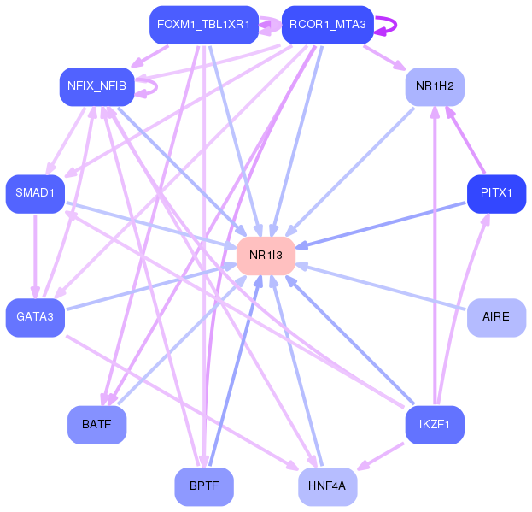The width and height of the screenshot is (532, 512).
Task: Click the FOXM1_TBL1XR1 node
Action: click(x=203, y=24)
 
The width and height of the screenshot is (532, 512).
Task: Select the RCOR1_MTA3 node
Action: click(x=327, y=24)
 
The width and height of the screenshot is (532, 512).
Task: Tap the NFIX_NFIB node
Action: click(x=96, y=85)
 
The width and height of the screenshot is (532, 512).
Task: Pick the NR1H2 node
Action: click(x=435, y=85)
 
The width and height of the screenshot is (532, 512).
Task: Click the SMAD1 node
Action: click(x=35, y=193)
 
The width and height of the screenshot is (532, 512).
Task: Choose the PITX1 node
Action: click(x=496, y=193)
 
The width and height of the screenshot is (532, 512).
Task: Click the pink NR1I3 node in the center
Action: click(x=266, y=255)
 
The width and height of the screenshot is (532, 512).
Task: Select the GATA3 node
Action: click(x=35, y=317)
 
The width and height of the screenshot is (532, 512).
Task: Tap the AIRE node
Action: click(x=496, y=317)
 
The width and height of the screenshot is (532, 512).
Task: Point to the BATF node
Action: click(x=96, y=424)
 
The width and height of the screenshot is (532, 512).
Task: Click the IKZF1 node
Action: click(x=435, y=424)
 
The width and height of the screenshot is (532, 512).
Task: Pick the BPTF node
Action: click(x=204, y=486)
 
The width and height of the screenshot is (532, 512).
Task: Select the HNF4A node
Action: click(x=327, y=486)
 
